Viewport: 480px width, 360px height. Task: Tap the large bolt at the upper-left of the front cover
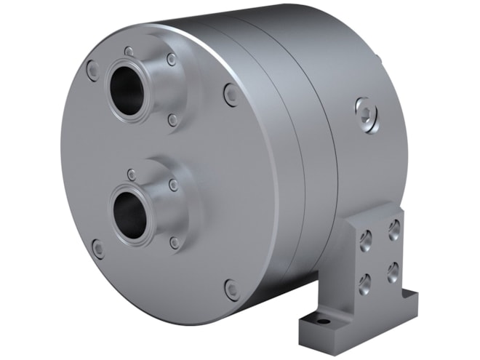pos(92,71)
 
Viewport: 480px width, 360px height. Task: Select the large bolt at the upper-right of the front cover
pos(231,94)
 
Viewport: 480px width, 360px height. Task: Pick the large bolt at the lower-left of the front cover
pos(97,249)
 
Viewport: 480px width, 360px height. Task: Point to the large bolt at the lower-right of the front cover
pos(232,289)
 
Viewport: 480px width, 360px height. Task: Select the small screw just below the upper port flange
pos(172,119)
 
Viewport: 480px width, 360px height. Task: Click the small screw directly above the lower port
pos(132,175)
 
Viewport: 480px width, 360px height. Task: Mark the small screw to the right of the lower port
pos(174,185)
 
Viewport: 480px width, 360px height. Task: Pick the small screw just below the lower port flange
pos(175,242)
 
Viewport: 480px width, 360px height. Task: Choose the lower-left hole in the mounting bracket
pos(366,280)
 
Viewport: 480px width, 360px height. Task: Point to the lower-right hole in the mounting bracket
pos(393,271)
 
